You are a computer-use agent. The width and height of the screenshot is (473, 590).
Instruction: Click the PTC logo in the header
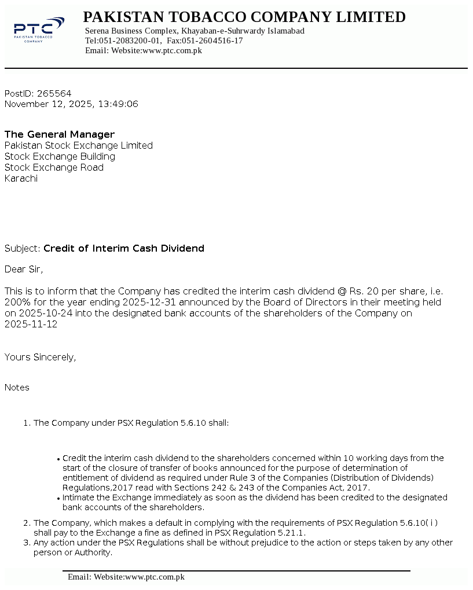coord(39,30)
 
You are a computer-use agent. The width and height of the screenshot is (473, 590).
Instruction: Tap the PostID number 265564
coord(54,93)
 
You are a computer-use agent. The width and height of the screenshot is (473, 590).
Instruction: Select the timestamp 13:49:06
coord(118,104)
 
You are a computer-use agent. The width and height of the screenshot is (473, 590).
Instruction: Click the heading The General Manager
coord(60,135)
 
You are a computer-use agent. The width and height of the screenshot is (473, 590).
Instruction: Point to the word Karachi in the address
coord(21,179)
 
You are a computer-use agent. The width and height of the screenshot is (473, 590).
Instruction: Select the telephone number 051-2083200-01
coord(130,41)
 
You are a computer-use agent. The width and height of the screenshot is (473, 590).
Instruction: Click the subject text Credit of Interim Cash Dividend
coord(124,249)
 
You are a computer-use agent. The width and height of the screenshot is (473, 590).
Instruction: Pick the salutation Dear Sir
coord(23,269)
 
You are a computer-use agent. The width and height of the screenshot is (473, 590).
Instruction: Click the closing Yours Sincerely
coord(40,357)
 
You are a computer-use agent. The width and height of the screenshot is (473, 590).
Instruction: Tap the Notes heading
coord(17,388)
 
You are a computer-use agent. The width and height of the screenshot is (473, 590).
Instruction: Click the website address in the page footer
coord(155,577)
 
